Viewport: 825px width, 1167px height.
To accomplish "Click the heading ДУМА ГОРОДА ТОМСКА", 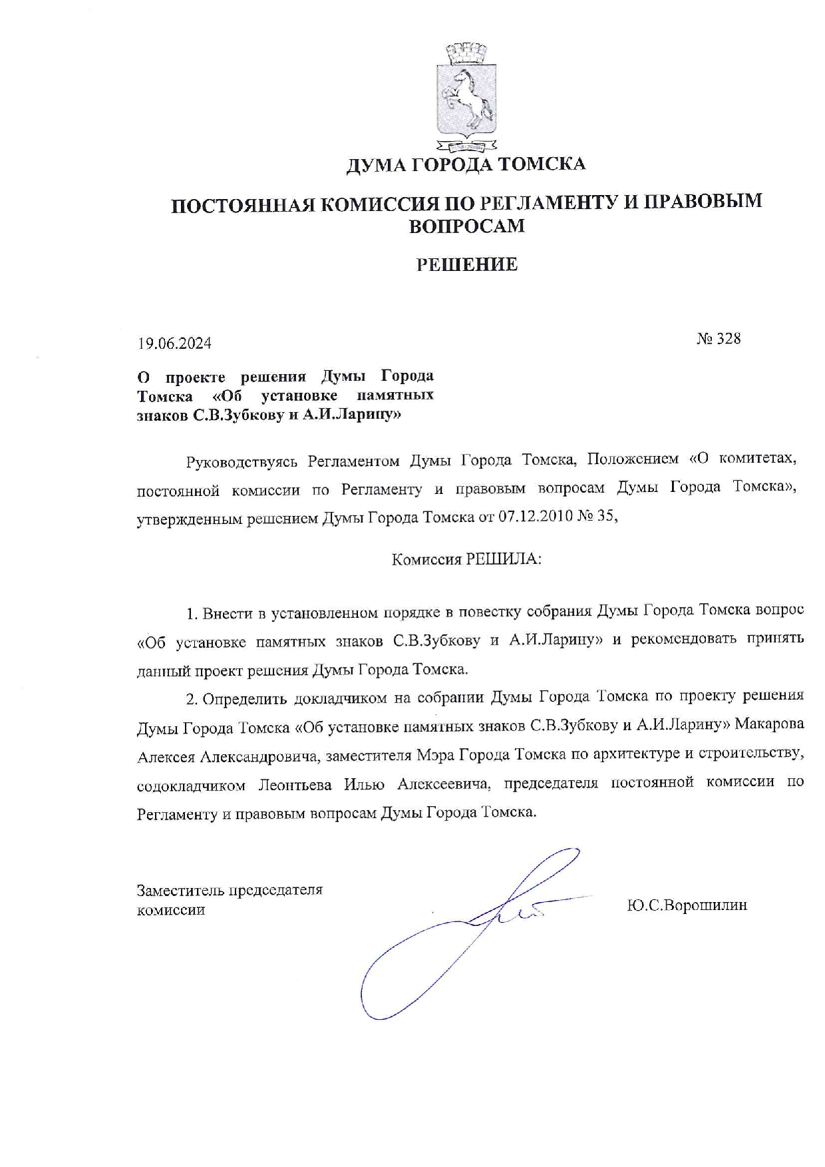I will [x=466, y=164].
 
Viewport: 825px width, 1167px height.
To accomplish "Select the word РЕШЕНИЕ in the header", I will [x=467, y=265].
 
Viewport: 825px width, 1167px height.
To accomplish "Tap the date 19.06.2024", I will [x=174, y=344].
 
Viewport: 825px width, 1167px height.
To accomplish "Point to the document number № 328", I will [x=719, y=339].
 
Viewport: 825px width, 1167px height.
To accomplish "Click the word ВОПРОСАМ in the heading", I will [x=466, y=227].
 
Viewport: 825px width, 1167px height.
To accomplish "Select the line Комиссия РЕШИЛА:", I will [x=466, y=559].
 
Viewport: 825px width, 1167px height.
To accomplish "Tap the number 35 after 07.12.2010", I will [x=607, y=517].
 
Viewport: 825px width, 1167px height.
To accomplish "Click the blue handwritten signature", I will [x=466, y=932].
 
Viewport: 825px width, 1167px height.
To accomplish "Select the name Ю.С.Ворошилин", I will [x=687, y=905].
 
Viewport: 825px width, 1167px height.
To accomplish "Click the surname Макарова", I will [x=769, y=724].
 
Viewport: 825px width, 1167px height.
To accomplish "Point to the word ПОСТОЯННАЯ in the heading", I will [x=241, y=204].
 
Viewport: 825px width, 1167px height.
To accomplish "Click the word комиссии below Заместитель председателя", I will [x=171, y=910].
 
